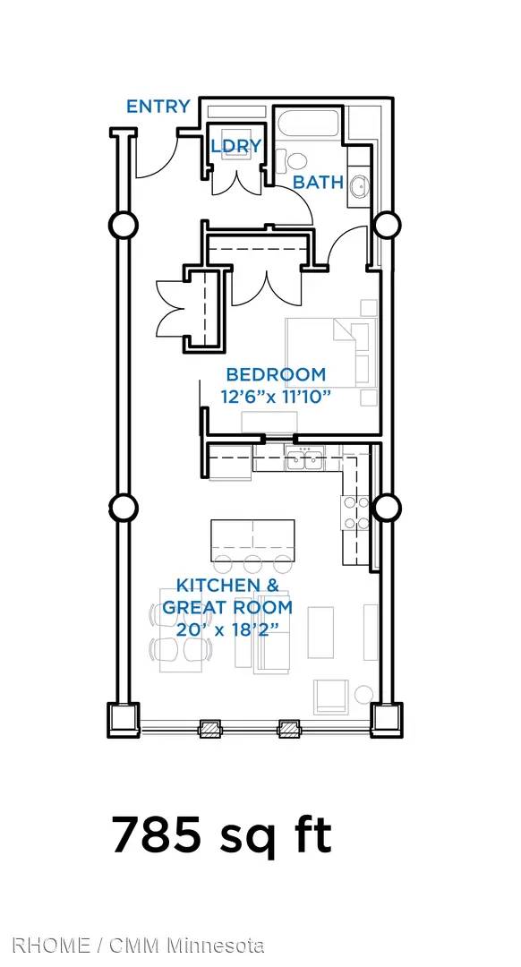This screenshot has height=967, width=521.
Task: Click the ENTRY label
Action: [x=158, y=106]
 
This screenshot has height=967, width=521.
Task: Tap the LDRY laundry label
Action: [x=236, y=146]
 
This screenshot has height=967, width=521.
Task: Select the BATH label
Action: [x=318, y=182]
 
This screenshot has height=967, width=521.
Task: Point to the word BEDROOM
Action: [x=276, y=374]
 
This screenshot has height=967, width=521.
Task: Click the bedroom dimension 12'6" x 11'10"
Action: [x=272, y=396]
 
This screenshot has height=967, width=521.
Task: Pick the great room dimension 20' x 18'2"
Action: [x=227, y=629]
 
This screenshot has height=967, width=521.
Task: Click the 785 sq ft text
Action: [x=221, y=835]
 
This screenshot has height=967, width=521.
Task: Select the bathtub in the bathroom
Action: [x=306, y=123]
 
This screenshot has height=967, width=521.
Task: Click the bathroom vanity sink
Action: [x=360, y=184]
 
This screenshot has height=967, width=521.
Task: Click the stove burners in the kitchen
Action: [x=356, y=513]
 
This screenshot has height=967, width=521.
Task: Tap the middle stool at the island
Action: [x=252, y=564]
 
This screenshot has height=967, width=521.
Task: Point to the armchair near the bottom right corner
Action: [x=332, y=697]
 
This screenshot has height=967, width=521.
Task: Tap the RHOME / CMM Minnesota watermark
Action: [x=138, y=945]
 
